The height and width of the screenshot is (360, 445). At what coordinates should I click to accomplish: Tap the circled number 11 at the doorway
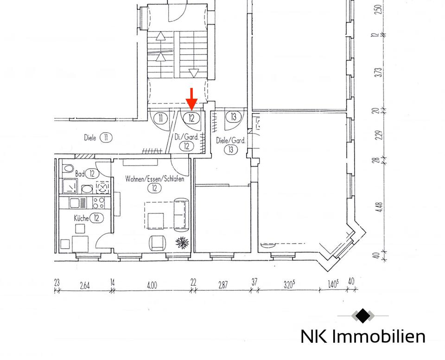point(160,118)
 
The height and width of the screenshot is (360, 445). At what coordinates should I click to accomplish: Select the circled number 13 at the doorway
point(234,117)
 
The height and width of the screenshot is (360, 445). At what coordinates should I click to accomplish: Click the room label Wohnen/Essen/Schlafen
point(154,179)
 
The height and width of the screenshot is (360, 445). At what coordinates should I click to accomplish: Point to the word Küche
point(82,218)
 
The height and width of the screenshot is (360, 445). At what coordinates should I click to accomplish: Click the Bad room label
point(80,174)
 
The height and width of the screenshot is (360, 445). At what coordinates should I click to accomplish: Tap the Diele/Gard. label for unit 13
point(230,141)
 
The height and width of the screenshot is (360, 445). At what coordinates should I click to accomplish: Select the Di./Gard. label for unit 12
point(186,137)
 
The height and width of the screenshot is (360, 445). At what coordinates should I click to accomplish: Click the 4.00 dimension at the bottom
point(152,285)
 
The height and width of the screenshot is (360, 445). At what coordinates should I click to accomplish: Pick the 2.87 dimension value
point(222,285)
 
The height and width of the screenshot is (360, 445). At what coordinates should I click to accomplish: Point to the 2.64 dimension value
point(85,285)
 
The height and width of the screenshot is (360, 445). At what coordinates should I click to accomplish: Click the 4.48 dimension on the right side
point(379,207)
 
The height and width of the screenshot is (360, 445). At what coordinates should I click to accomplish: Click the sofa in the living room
point(181,214)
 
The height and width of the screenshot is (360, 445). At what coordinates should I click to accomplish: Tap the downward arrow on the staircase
point(194,73)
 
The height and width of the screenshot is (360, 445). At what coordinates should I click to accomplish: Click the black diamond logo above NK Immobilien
point(363,316)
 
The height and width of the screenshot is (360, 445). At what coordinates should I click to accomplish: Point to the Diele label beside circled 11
point(91,138)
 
